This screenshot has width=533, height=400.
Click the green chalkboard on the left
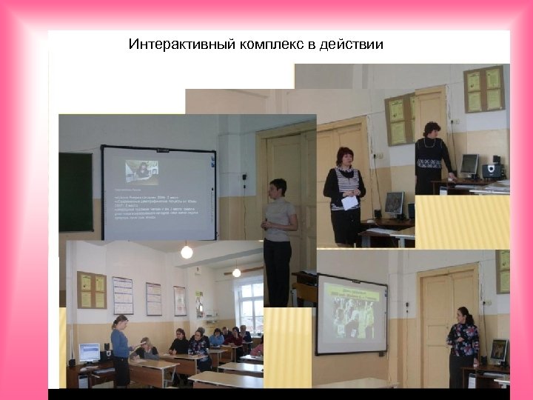tap(76, 192)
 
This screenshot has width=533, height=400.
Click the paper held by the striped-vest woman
tap(350, 202)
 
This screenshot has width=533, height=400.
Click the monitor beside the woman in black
tap(469, 164)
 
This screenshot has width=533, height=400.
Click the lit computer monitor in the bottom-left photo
tap(90, 352)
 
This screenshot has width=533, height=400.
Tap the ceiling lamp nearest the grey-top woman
tap(187, 252)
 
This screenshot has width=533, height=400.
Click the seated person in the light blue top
tap(216, 339)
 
